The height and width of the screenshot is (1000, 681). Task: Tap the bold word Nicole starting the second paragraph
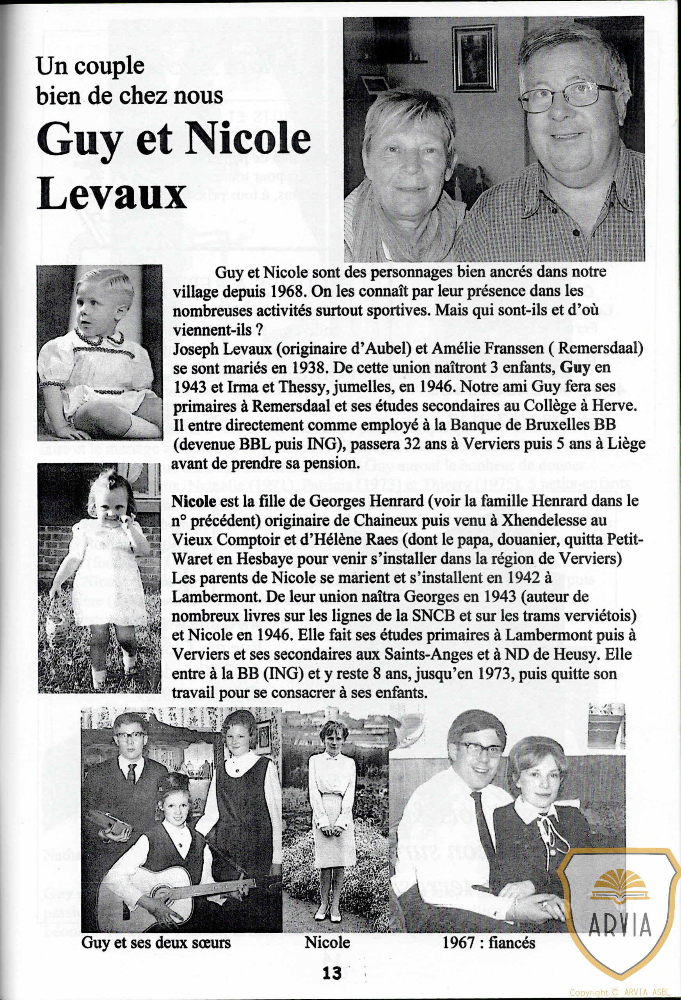point(194,501)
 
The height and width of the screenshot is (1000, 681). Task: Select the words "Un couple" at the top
point(90,66)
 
